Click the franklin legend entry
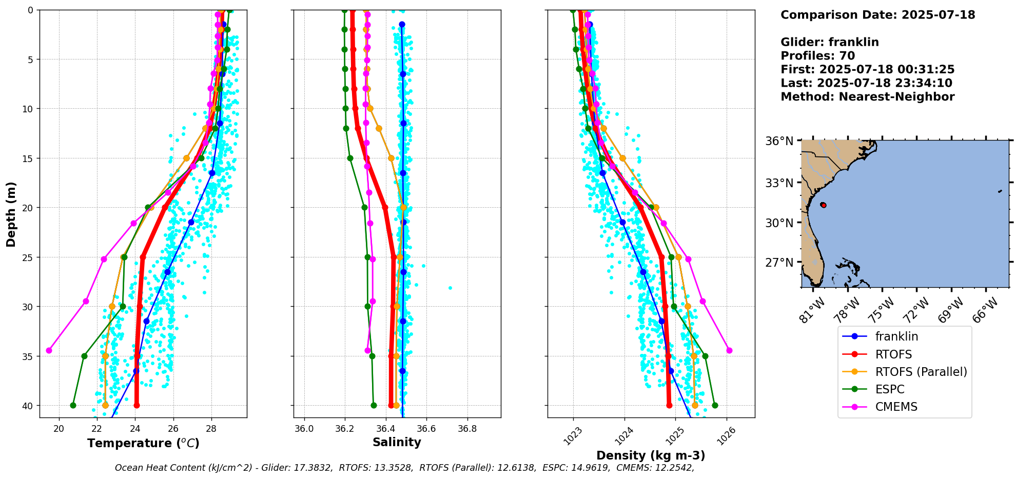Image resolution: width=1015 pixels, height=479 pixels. point(896,336)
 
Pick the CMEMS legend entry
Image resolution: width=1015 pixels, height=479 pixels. point(896,407)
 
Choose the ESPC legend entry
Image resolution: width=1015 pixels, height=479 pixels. point(889,389)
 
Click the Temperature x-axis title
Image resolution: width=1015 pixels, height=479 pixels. point(143,443)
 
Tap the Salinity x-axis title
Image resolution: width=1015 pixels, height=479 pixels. point(397,443)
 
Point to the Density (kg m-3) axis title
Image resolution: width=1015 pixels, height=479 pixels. point(650,455)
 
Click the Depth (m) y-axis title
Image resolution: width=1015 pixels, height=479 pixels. point(11,214)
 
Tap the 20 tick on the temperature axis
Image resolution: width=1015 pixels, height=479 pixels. point(59,429)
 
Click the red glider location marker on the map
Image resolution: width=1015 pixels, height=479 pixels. point(823,205)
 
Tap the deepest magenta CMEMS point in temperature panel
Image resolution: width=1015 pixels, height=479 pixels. point(49,350)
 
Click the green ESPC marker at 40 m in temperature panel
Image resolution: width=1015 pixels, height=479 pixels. point(73,405)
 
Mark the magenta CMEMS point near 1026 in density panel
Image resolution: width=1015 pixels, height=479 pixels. point(729,350)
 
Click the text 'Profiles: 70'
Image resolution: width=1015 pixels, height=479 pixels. point(817,56)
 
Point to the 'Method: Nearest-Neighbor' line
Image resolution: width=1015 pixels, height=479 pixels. point(867,97)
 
